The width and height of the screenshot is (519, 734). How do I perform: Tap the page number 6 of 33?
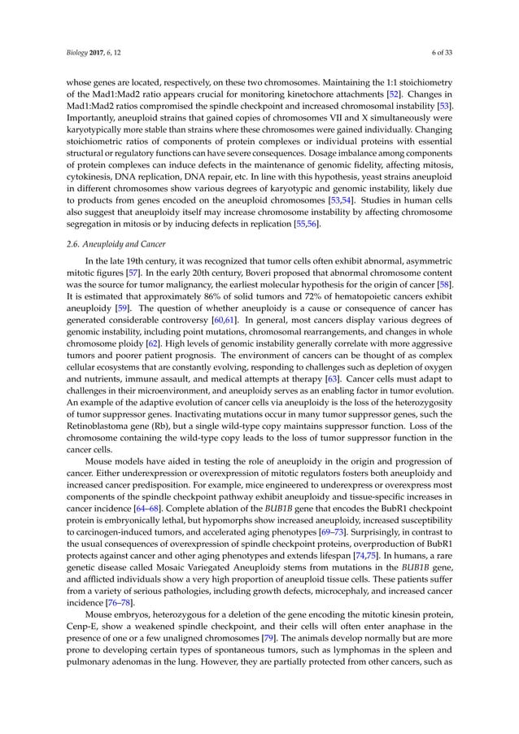(449, 53)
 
